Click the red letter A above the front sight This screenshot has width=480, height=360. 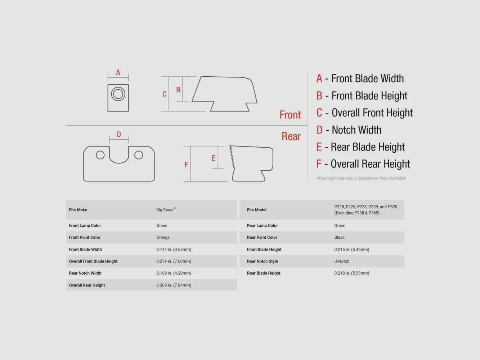coord(118,72)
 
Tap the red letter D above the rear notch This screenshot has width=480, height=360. coord(119,134)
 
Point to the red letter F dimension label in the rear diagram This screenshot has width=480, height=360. coord(186,165)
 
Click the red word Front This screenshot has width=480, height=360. coord(290,115)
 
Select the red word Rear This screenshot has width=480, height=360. coord(291,136)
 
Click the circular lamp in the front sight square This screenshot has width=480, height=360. coord(118,94)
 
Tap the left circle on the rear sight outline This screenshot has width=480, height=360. coord(100,155)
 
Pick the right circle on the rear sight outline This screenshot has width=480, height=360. coord(139,155)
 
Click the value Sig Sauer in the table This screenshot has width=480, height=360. coord(166,210)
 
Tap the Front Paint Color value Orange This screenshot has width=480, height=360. coord(163,237)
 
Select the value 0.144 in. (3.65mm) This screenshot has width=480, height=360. coord(174,249)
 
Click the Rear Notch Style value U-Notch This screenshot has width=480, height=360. coord(342,261)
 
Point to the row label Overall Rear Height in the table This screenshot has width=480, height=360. coord(87,285)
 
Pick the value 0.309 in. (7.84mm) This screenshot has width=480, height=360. coord(174,285)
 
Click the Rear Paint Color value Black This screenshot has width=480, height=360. coord(340,237)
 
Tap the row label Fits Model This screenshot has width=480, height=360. coord(257,210)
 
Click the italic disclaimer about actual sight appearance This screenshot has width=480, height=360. coord(361,178)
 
